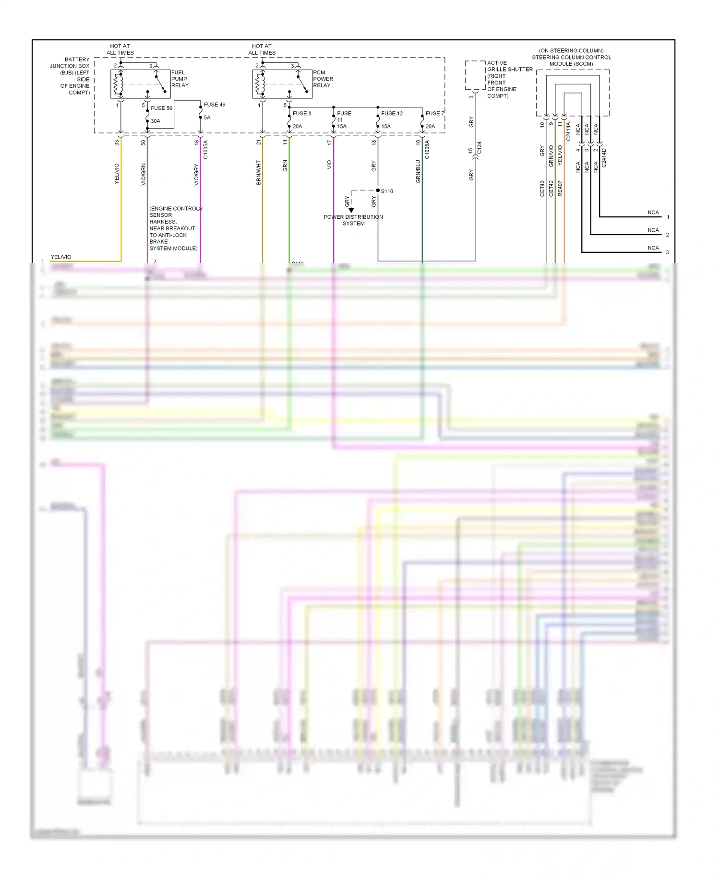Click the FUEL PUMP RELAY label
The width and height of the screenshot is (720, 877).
[180, 79]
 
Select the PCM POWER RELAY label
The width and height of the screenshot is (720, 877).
[323, 79]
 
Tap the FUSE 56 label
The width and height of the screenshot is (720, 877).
[161, 108]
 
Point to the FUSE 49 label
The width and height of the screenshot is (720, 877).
[214, 105]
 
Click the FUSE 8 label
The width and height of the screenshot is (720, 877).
[302, 114]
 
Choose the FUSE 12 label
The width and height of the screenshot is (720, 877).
[392, 114]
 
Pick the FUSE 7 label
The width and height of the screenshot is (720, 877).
[434, 114]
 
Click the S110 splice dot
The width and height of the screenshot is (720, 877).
[378, 190]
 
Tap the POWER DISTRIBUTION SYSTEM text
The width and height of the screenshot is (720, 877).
[353, 220]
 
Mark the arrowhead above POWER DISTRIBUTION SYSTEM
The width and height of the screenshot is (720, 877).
[351, 210]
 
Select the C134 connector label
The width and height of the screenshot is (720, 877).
[479, 148]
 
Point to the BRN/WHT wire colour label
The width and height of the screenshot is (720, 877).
[259, 173]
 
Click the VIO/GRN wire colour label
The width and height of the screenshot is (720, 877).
[144, 175]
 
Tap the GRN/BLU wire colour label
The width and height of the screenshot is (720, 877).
[418, 172]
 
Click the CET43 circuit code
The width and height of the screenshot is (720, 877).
[542, 189]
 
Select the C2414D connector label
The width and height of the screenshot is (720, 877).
[604, 157]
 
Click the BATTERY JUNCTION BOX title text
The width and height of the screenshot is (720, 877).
[71, 76]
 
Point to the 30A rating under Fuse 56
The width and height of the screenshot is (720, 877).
[156, 121]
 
